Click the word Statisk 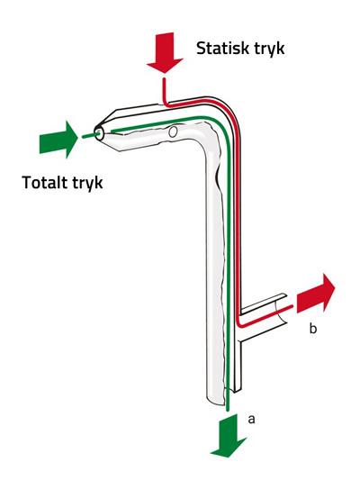tap(223, 48)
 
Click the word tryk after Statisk tap(269, 49)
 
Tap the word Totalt tap(44, 183)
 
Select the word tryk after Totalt tap(87, 184)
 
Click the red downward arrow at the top tap(165, 52)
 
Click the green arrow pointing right tap(58, 140)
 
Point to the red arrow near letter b tap(315, 294)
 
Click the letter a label tap(251, 419)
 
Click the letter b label tap(312, 329)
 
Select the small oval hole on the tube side tap(173, 132)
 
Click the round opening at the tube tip tap(99, 133)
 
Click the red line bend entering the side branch tap(239, 323)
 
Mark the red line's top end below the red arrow tap(164, 79)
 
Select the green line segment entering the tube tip tap(91, 135)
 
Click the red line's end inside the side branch tap(292, 306)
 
